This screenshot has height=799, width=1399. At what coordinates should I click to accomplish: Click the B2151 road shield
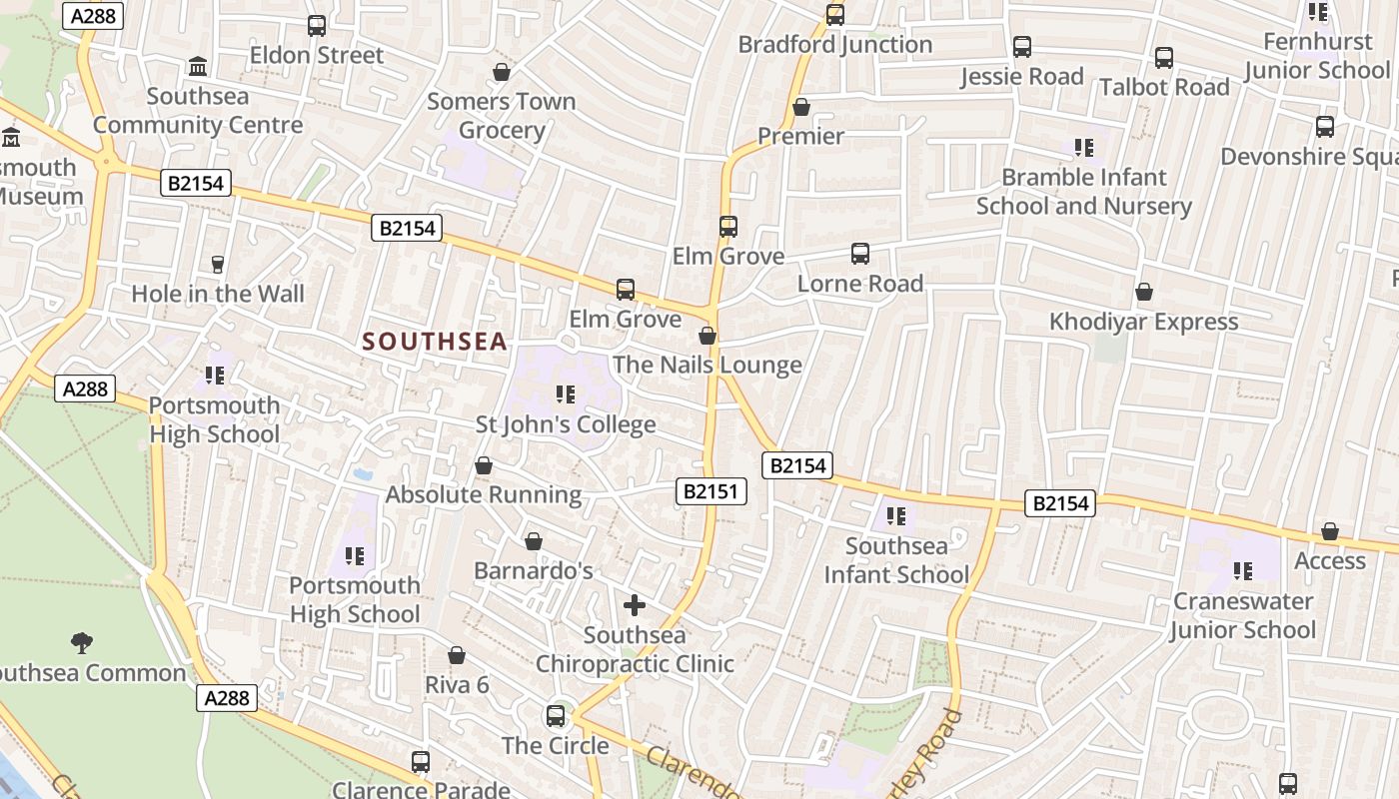[711, 490]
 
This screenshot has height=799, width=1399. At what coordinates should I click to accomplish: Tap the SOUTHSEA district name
[435, 342]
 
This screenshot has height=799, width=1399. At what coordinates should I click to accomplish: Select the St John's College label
[566, 424]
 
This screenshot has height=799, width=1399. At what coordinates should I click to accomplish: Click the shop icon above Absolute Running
[484, 465]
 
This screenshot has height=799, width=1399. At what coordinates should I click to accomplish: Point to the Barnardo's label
[533, 571]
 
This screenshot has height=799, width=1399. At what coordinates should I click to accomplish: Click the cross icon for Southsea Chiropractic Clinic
[635, 605]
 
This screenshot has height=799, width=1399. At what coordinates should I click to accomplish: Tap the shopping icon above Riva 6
[457, 655]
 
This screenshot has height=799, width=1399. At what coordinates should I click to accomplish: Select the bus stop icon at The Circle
[556, 716]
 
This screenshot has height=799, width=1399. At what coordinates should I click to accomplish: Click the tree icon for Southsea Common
[82, 642]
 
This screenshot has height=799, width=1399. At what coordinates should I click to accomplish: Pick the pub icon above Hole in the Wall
[218, 265]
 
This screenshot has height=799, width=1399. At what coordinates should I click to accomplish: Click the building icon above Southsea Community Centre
[198, 67]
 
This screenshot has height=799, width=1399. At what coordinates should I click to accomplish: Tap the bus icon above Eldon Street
[317, 26]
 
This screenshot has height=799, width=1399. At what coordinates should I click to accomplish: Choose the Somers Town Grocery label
[502, 116]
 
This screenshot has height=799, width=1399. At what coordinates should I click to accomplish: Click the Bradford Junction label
[835, 45]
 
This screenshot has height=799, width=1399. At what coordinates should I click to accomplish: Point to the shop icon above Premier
[801, 107]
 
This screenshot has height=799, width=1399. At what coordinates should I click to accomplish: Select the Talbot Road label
[1164, 87]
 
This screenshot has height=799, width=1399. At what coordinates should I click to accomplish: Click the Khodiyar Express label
[1143, 322]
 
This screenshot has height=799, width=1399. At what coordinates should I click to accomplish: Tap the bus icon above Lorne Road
[860, 254]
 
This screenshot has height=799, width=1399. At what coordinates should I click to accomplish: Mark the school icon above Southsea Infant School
[896, 516]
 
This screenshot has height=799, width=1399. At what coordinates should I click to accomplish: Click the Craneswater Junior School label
[1243, 615]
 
